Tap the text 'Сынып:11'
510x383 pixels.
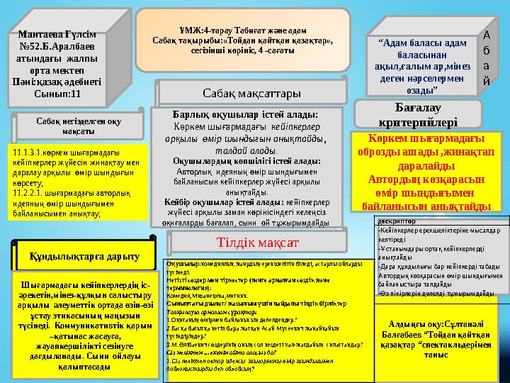pos(57,93)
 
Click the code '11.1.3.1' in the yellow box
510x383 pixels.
pos(27,152)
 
